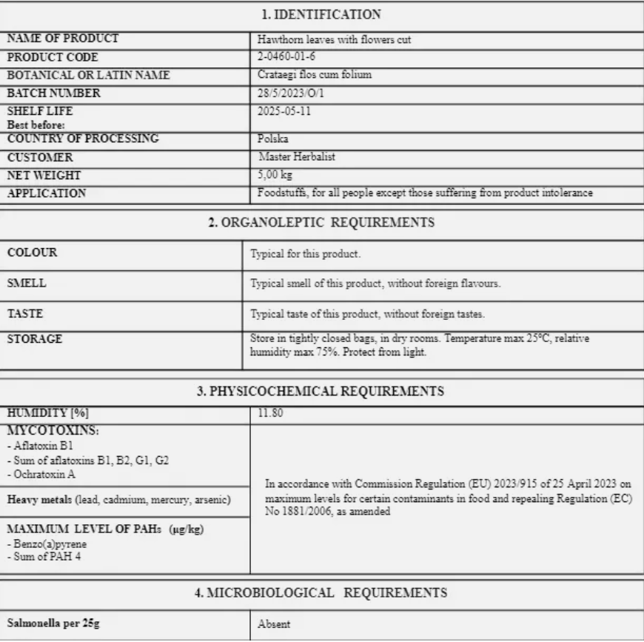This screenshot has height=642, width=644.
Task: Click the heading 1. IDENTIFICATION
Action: (x=321, y=14)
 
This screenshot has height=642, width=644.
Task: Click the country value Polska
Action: (x=272, y=138)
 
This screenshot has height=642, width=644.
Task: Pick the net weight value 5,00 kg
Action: (x=275, y=175)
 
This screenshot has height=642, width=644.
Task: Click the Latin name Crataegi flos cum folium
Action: (x=314, y=75)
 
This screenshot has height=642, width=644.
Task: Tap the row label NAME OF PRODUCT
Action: (x=63, y=39)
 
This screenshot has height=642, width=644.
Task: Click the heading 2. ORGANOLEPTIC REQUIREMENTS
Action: (x=321, y=222)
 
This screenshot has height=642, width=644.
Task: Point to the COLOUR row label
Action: (x=32, y=253)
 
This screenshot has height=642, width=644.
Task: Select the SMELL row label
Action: (x=28, y=283)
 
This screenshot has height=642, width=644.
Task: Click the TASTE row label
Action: (x=25, y=313)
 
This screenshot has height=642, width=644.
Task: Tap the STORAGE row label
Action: (x=35, y=339)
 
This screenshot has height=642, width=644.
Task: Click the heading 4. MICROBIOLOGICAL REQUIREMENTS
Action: (x=321, y=592)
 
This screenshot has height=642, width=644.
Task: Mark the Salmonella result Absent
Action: (x=274, y=624)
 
